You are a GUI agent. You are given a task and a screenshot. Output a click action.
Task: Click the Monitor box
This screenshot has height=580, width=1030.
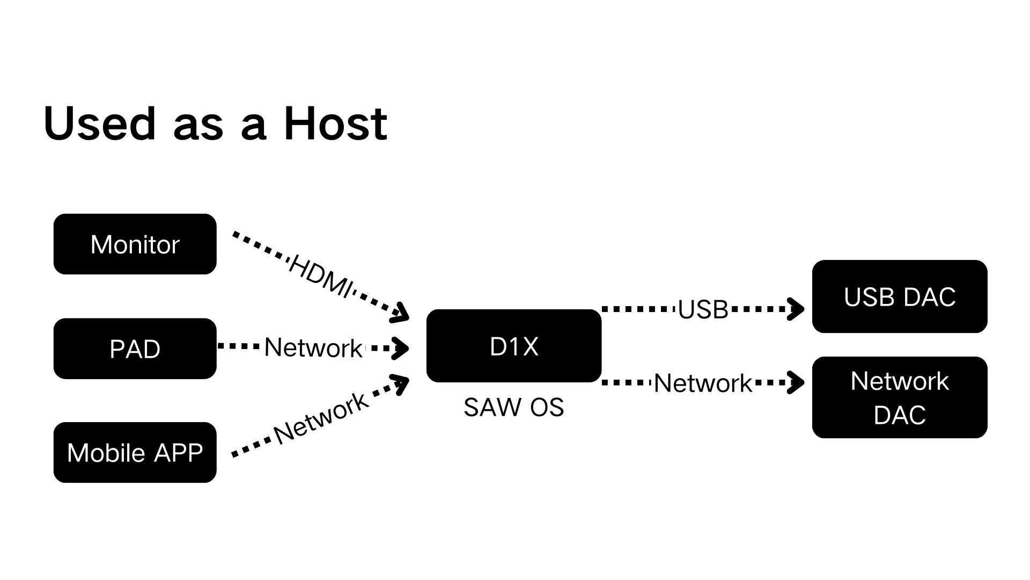tap(135, 244)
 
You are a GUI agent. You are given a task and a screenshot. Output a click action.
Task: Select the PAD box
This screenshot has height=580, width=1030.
tap(135, 349)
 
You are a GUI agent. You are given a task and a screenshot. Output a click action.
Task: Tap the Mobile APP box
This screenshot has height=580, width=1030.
tap(135, 452)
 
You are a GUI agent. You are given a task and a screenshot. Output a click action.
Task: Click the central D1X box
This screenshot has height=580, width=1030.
tap(513, 346)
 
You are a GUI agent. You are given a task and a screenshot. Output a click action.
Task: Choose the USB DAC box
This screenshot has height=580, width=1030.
tap(899, 296)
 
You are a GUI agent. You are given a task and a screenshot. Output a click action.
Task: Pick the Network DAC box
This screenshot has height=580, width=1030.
tap(899, 397)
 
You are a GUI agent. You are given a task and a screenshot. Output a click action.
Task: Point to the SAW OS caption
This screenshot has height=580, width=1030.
tap(513, 407)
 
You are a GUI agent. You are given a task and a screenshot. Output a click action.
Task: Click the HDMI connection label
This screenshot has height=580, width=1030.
tap(321, 276)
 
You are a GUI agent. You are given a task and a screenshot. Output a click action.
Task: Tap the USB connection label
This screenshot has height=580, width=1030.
tap(703, 309)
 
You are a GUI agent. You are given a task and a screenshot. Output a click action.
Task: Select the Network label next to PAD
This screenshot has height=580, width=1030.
tap(313, 347)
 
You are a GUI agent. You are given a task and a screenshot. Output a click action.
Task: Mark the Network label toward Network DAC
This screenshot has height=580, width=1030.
tap(703, 383)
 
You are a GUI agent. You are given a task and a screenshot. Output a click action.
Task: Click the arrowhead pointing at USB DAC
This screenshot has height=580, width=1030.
tap(796, 309)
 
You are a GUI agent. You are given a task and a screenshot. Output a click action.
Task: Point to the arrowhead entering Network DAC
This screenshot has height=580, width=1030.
tap(796, 383)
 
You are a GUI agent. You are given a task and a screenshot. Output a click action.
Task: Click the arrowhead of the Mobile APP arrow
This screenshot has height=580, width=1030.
tap(400, 383)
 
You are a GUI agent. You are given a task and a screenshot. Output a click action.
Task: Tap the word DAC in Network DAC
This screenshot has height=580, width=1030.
tap(899, 415)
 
